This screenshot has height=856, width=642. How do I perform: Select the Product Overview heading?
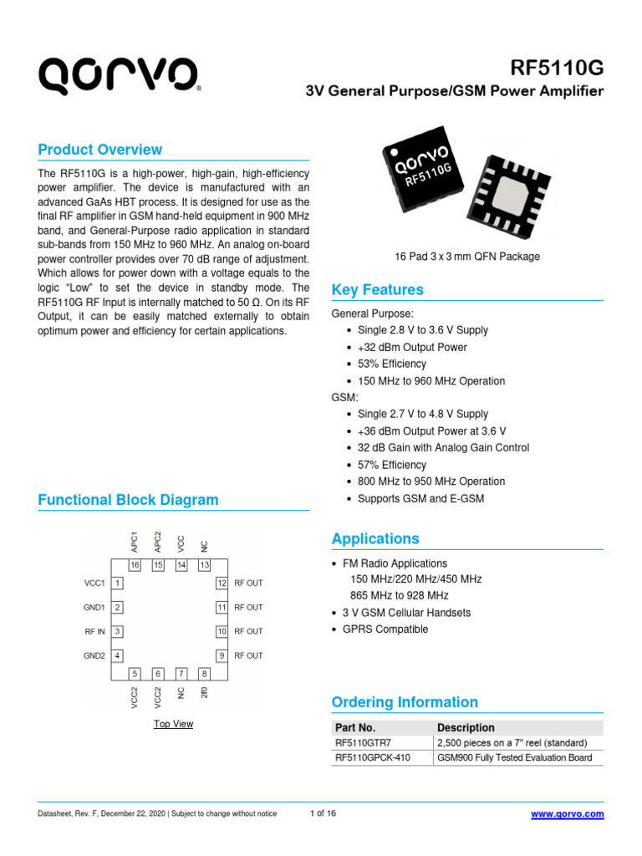tap(100, 150)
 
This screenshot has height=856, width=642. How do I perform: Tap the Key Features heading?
tap(378, 290)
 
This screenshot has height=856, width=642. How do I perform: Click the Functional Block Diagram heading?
tap(129, 500)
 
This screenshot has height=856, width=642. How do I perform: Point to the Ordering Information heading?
tap(405, 702)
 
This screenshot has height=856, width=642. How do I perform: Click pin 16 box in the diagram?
tap(134, 565)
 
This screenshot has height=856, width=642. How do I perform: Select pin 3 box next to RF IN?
tap(119, 631)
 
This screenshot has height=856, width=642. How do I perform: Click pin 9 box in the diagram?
tap(222, 655)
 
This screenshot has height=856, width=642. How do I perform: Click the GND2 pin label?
tap(93, 655)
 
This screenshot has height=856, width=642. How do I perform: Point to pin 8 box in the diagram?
tap(204, 673)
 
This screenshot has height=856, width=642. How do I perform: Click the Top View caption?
tap(173, 724)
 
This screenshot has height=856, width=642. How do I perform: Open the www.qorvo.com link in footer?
tap(568, 814)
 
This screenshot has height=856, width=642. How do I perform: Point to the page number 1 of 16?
tap(323, 814)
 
